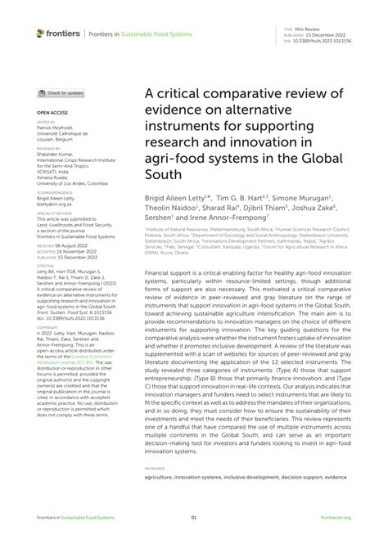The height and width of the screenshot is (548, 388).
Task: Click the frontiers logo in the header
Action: click(x=57, y=34)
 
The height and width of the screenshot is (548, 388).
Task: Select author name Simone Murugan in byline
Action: click(x=301, y=198)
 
